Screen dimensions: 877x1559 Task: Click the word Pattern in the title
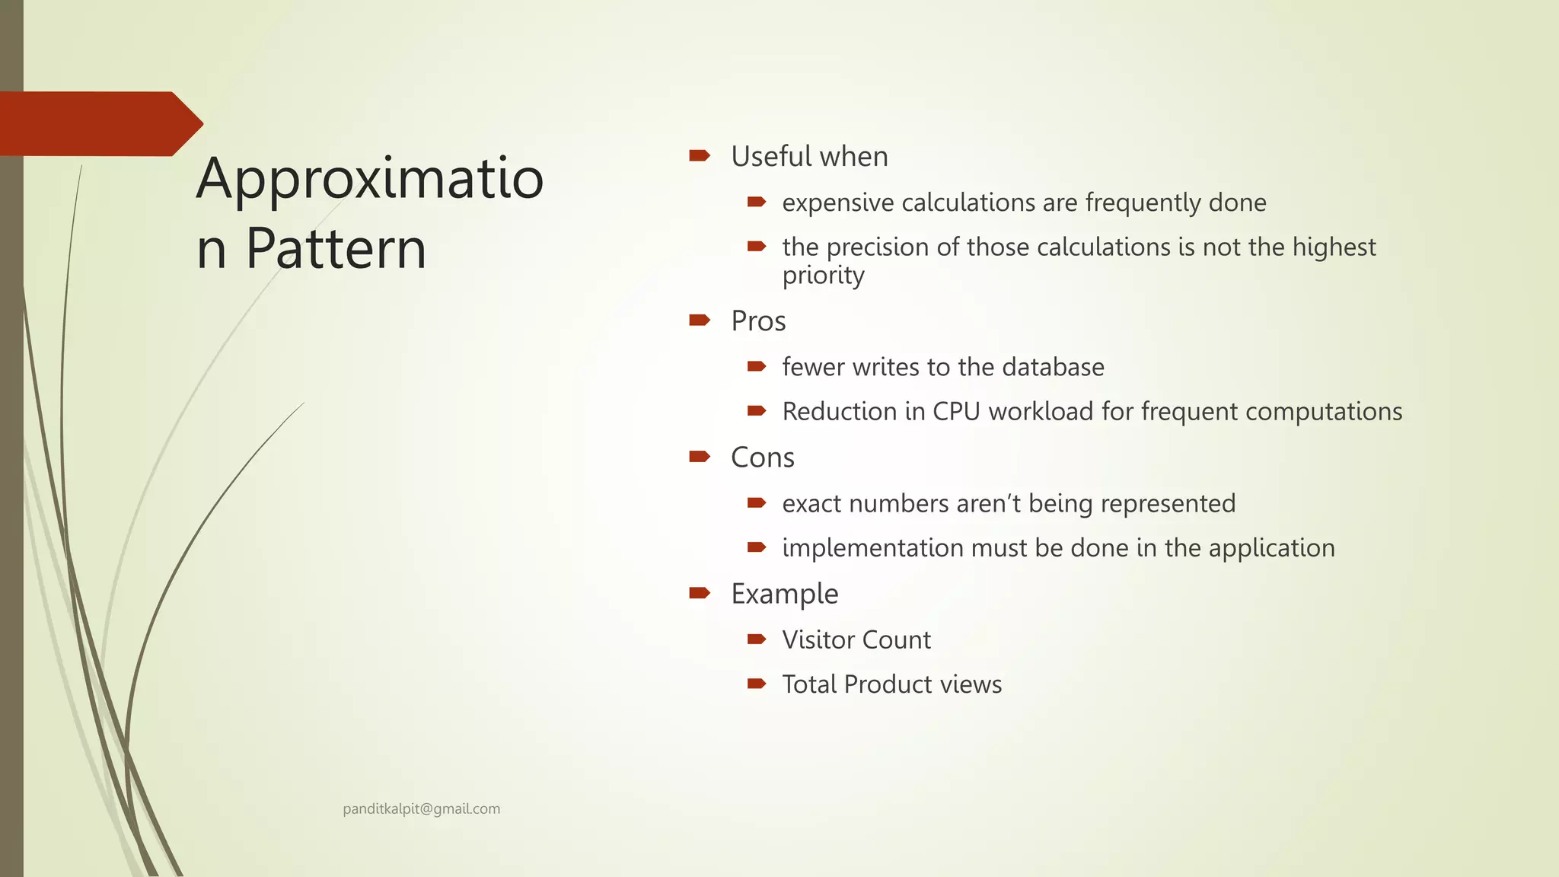click(x=336, y=249)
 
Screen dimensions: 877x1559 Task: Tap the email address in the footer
click(x=421, y=808)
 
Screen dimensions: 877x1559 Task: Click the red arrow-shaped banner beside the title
click(x=99, y=123)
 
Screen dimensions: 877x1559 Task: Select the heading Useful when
click(x=809, y=157)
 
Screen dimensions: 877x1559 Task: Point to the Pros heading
click(x=758, y=321)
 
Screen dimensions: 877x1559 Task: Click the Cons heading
click(x=762, y=458)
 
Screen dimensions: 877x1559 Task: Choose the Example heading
click(x=784, y=594)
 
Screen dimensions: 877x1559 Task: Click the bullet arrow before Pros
click(x=699, y=320)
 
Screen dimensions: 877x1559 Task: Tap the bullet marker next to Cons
click(x=699, y=456)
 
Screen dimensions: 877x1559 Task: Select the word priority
click(x=823, y=276)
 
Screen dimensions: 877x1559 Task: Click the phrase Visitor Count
click(x=856, y=639)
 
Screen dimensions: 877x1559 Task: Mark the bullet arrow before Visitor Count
click(x=756, y=639)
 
